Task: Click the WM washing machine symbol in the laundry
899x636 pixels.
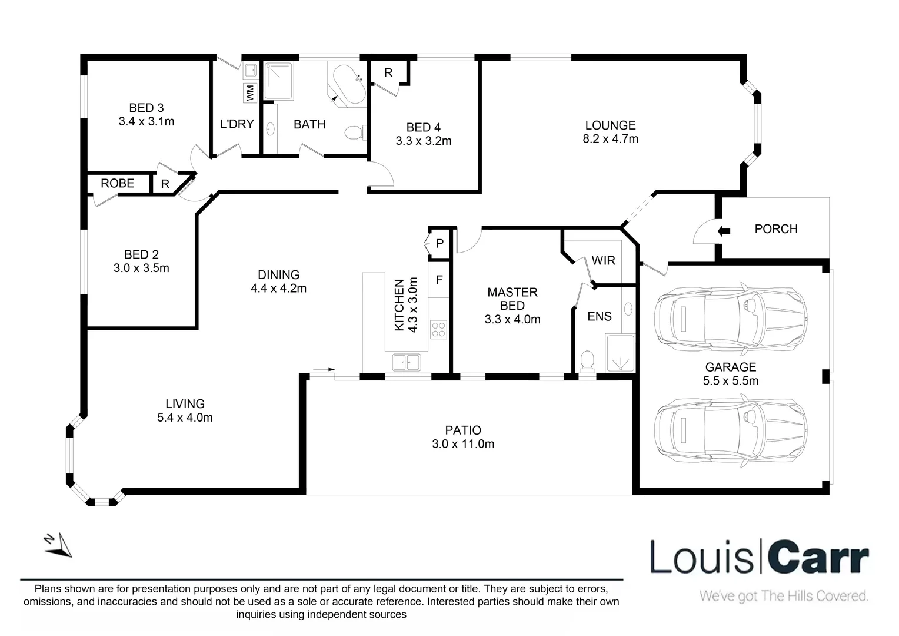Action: [x=250, y=92]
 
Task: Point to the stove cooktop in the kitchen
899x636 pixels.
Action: [x=438, y=329]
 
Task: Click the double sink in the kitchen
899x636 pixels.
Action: [x=406, y=362]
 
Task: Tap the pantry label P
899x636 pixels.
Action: [x=439, y=244]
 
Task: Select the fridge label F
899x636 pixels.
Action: [x=439, y=280]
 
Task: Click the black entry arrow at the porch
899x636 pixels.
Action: [x=724, y=231]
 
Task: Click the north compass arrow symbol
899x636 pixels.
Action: [x=58, y=545]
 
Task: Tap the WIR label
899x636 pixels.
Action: [x=603, y=260]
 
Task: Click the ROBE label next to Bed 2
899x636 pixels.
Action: [x=117, y=183]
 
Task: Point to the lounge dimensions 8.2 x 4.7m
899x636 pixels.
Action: [x=610, y=139]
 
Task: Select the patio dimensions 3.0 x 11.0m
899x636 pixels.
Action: [x=463, y=444]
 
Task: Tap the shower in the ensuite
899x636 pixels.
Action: [x=620, y=353]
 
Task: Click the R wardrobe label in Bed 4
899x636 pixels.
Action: [x=388, y=73]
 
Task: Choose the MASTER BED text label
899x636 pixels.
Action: [x=512, y=299]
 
